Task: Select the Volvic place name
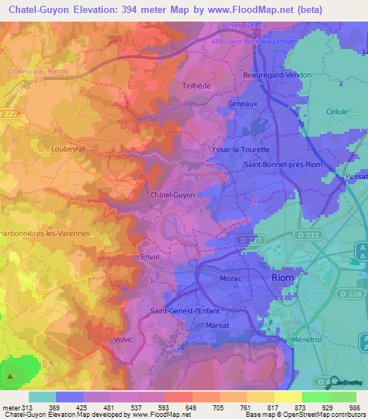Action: (x=124, y=338)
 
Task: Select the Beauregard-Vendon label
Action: (x=277, y=75)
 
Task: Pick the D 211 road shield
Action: (x=308, y=234)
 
